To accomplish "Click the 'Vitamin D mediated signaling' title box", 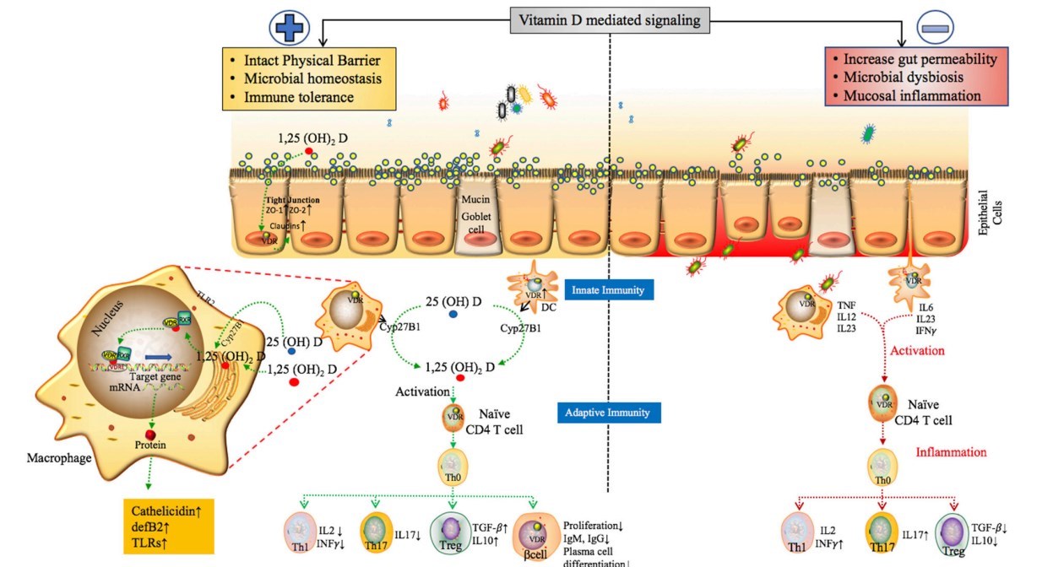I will [x=610, y=19].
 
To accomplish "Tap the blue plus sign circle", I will [x=290, y=28].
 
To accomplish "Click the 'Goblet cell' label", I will [x=477, y=217].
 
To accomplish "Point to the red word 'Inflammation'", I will [x=951, y=452].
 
